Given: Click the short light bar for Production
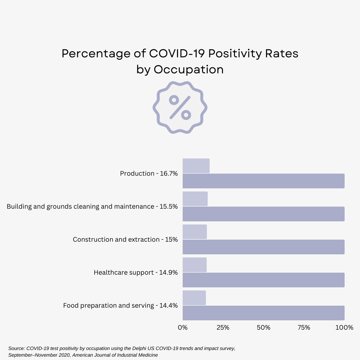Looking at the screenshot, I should (x=196, y=166).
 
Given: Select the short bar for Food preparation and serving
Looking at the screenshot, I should (x=194, y=298).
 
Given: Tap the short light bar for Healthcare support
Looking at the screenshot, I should (x=195, y=265).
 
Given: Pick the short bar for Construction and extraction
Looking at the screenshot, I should (x=195, y=232).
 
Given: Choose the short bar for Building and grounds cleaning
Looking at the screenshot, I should (x=195, y=199).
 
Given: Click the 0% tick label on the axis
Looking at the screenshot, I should (x=183, y=328).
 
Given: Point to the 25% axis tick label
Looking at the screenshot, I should (x=223, y=328).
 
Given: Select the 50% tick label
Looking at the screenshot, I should (x=263, y=328).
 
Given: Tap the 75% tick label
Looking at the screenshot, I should (x=304, y=328).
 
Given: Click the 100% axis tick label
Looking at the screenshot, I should (x=344, y=328).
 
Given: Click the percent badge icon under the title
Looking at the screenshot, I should (x=180, y=107).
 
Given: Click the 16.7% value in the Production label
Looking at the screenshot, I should (x=169, y=174).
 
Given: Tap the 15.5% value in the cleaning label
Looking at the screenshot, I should (x=168, y=207).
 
